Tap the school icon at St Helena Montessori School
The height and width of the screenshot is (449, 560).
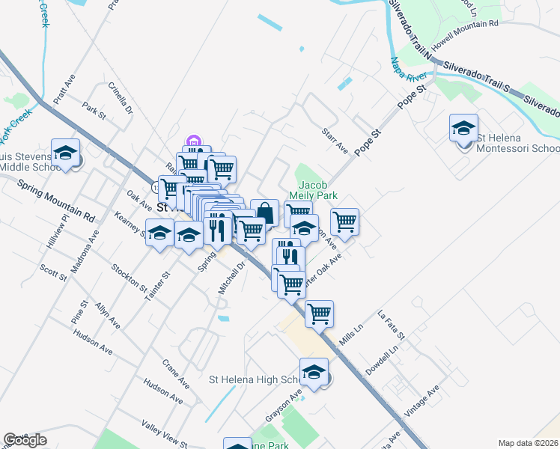[463, 128]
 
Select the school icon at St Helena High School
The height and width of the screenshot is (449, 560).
[314, 372]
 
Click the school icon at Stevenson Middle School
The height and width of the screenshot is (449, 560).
[65, 153]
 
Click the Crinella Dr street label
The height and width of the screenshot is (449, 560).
[120, 98]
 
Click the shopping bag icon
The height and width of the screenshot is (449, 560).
[265, 213]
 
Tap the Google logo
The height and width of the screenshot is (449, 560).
[25, 440]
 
